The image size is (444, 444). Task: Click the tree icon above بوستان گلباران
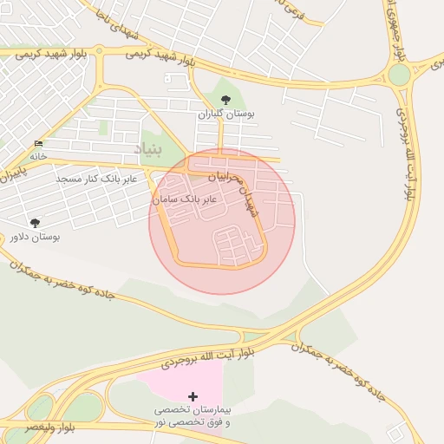coord(226,100)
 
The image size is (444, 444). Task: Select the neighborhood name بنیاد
coord(148,150)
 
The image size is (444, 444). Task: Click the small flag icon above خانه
coord(37,143)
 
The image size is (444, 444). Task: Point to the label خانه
coord(37,156)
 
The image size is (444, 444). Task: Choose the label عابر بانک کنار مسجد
coord(93,178)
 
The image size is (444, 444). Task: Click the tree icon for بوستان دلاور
coord(35,223)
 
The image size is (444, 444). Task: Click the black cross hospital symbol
coord(193,395)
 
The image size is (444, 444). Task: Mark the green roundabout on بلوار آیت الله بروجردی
coord(399,75)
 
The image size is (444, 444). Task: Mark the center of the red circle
coord(222,221)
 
